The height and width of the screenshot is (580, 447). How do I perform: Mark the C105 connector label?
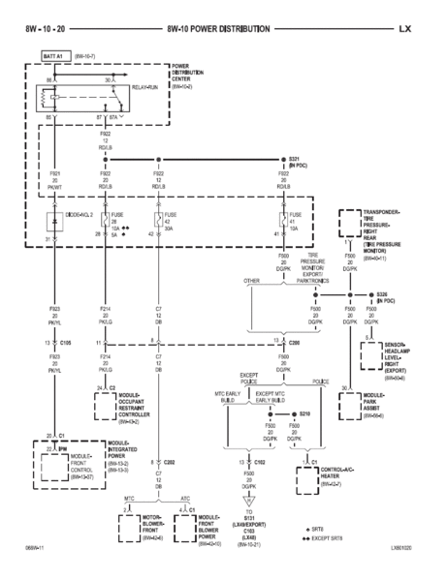66,342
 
